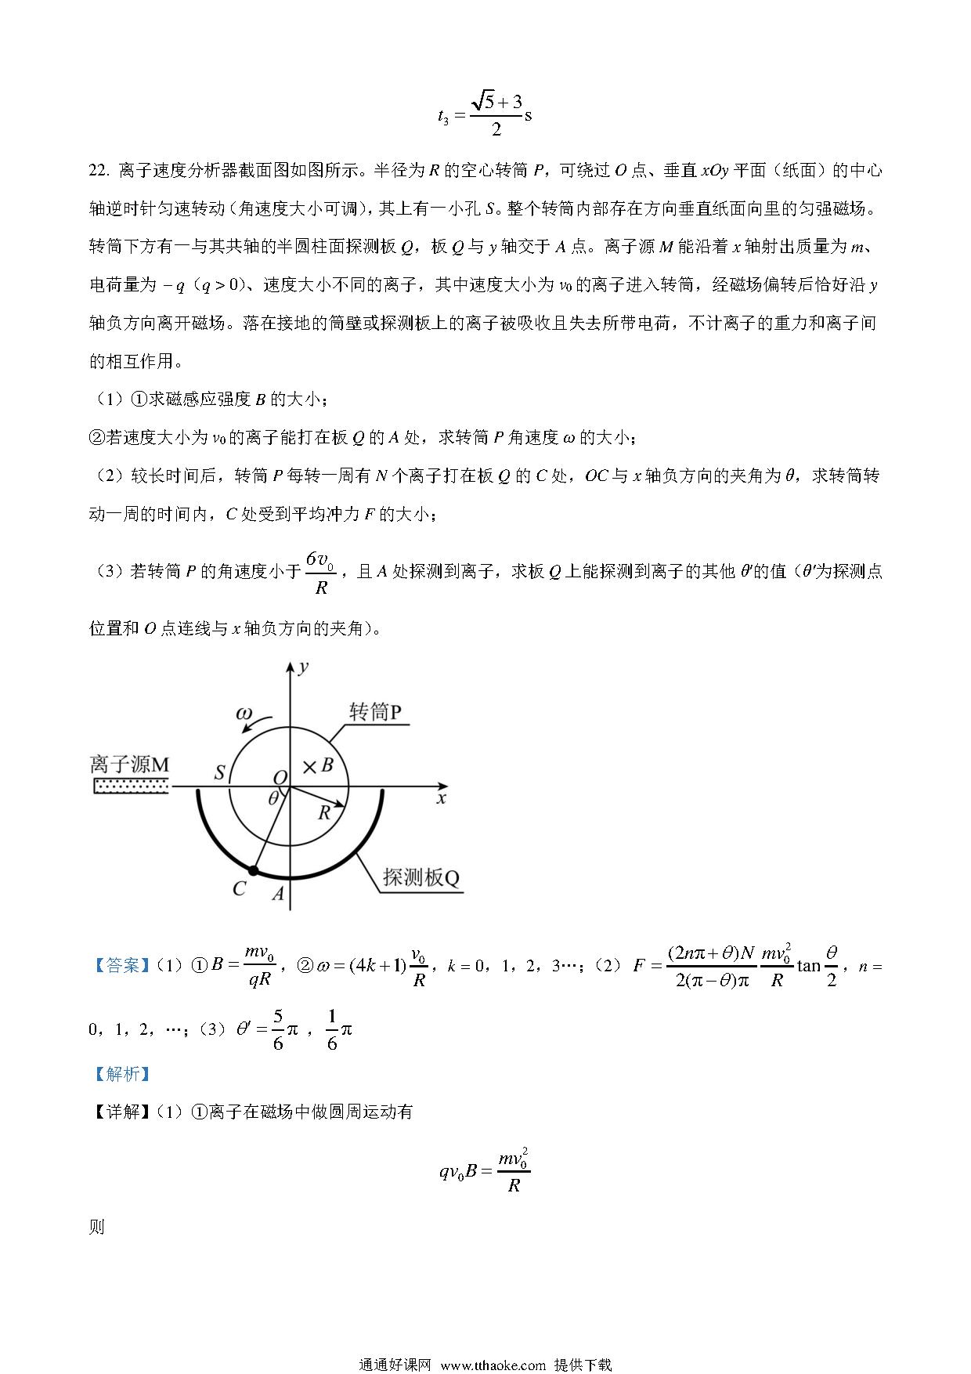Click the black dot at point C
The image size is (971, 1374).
[x=252, y=870]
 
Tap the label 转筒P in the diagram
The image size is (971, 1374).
[x=375, y=712]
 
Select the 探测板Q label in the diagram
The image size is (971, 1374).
[x=421, y=877]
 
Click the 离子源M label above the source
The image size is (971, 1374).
[x=129, y=765]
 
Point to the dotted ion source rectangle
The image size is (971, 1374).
[x=130, y=786]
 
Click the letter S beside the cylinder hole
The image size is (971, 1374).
[x=220, y=773]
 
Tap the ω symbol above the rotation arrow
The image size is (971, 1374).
[x=244, y=714]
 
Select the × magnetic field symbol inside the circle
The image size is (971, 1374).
[x=309, y=767]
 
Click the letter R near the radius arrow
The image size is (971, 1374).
[x=324, y=813]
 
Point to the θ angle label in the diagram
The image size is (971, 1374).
[x=273, y=798]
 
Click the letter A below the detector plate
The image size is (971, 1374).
[x=277, y=893]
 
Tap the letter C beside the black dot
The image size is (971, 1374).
[x=240, y=888]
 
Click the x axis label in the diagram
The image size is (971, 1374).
[x=442, y=798]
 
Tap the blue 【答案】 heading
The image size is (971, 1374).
[x=120, y=965]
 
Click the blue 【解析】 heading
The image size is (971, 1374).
[x=120, y=1073]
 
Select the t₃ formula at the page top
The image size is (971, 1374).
[x=485, y=115]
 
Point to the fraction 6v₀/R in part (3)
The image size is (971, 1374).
[x=320, y=572]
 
